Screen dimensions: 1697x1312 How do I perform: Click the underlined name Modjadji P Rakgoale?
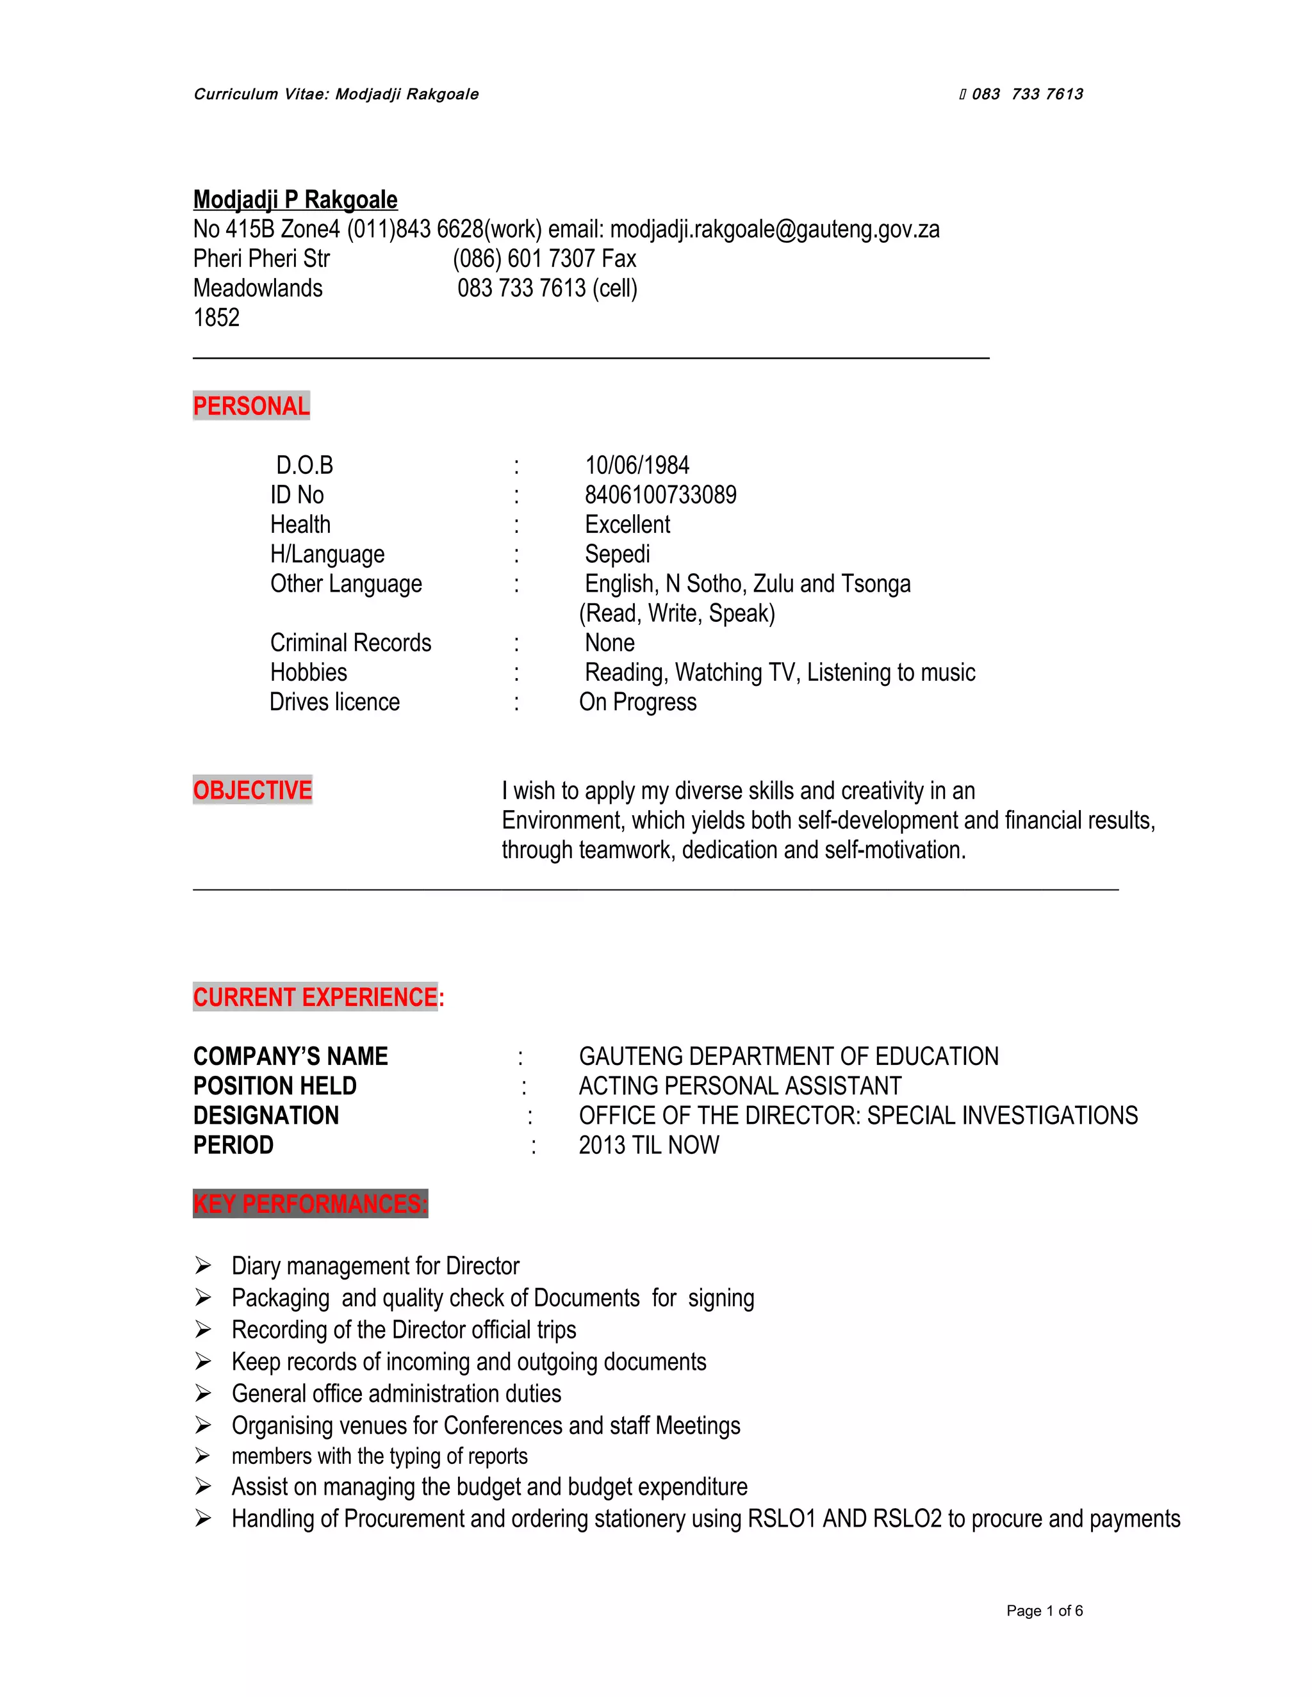295,200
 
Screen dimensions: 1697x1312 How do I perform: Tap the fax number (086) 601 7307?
517,259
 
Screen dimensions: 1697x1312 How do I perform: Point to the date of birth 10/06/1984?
637,466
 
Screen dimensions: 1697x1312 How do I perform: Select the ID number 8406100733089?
660,495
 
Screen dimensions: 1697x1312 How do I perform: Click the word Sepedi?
617,554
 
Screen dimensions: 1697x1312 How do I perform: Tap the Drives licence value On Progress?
637,702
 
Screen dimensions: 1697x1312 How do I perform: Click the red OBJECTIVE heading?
252,790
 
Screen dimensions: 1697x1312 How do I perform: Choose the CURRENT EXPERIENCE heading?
318,997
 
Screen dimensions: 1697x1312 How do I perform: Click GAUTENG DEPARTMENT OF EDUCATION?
788,1056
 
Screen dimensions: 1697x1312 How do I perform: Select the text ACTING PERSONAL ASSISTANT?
740,1085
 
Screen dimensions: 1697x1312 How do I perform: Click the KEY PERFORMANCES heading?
310,1204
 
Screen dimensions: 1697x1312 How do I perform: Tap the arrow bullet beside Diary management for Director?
203,1266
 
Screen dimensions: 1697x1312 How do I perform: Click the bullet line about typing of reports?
379,1456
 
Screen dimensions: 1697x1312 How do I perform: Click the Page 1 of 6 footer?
1044,1611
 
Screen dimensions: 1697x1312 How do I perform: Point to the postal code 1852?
216,318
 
